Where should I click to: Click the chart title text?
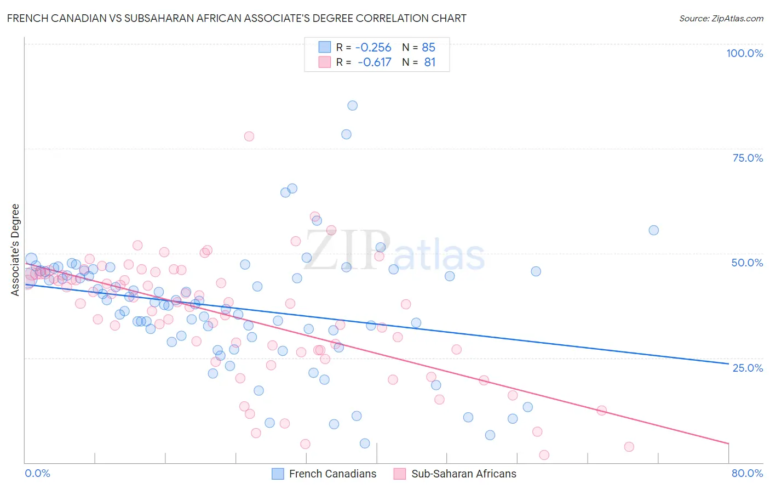[x=237, y=18]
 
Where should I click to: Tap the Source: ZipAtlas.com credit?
[x=721, y=19]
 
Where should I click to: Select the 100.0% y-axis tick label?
[x=744, y=53]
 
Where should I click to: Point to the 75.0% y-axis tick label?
[x=748, y=158]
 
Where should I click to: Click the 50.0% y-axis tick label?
[x=747, y=263]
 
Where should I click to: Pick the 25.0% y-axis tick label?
[x=748, y=367]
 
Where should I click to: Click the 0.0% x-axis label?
[x=38, y=473]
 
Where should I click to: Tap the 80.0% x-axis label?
[x=747, y=473]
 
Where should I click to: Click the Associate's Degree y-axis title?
[x=15, y=250]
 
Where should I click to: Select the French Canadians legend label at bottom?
[x=332, y=474]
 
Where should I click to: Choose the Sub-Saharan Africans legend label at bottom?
[x=463, y=474]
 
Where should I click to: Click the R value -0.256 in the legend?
[x=373, y=48]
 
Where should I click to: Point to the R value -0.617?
[x=374, y=62]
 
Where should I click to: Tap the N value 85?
[x=428, y=48]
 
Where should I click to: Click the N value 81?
[x=429, y=62]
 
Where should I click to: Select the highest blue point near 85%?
[x=353, y=106]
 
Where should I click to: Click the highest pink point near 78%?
[x=249, y=137]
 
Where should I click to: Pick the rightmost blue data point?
[x=653, y=230]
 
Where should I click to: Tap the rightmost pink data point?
[x=629, y=447]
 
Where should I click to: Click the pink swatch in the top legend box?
[x=325, y=62]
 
